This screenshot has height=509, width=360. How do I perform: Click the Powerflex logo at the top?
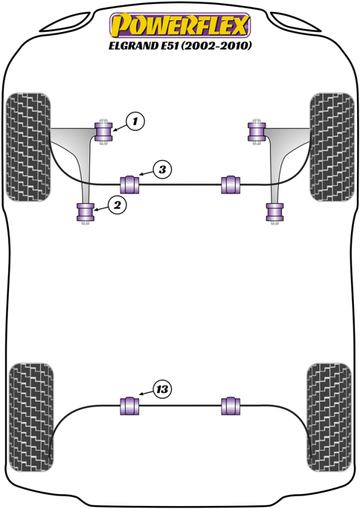(x=179, y=26)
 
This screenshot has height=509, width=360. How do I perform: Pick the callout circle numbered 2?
(x=117, y=205)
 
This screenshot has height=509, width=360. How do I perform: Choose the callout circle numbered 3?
(x=161, y=170)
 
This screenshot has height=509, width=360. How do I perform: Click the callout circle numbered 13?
(x=161, y=390)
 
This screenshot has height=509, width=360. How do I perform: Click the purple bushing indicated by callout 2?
(x=85, y=212)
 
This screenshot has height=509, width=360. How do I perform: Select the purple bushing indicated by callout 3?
(x=131, y=184)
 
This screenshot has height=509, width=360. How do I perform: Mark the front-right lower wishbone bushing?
(x=275, y=212)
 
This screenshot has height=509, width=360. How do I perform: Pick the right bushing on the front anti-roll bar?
(x=231, y=184)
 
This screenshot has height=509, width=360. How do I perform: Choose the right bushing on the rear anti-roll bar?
(x=231, y=406)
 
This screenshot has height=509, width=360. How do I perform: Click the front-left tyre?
(x=28, y=146)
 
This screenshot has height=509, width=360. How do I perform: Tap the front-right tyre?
(x=331, y=146)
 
